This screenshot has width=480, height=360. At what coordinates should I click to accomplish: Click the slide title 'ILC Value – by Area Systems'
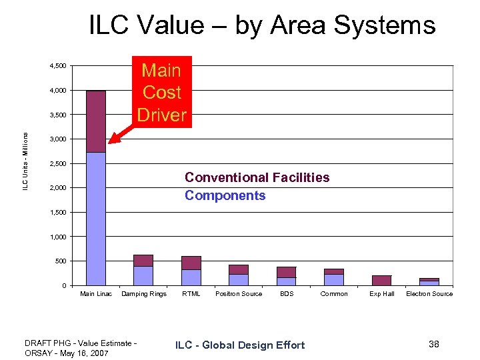pyautogui.click(x=262, y=25)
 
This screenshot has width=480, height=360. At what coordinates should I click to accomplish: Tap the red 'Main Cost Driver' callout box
pyautogui.click(x=161, y=92)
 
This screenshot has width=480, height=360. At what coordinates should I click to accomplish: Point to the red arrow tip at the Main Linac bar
pyautogui.click(x=111, y=141)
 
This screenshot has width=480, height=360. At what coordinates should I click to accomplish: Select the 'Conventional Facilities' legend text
pyautogui.click(x=257, y=177)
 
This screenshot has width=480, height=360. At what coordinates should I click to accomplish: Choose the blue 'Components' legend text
pyautogui.click(x=225, y=195)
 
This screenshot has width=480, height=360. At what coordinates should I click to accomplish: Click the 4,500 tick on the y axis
pyautogui.click(x=57, y=66)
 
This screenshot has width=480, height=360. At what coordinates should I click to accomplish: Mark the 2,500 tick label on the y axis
pyautogui.click(x=57, y=163)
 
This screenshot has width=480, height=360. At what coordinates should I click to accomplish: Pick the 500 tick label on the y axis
pyautogui.click(x=60, y=261)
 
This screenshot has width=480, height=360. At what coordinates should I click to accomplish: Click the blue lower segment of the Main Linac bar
pyautogui.click(x=96, y=220)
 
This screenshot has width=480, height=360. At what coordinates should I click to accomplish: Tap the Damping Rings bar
pyautogui.click(x=143, y=270)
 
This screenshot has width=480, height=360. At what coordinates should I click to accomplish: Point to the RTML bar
pyautogui.click(x=191, y=271)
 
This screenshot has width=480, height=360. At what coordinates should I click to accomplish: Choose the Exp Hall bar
pyautogui.click(x=381, y=280)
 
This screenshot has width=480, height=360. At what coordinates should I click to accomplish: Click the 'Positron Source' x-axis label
pyautogui.click(x=239, y=294)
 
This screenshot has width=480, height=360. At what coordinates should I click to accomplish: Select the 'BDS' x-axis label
pyautogui.click(x=287, y=294)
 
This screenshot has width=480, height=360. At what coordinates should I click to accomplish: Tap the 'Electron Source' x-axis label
pyautogui.click(x=429, y=294)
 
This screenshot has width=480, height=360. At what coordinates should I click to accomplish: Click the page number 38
pyautogui.click(x=434, y=343)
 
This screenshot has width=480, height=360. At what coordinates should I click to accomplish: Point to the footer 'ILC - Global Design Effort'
pyautogui.click(x=240, y=345)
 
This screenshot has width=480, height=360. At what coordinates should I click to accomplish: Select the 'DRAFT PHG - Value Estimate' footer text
pyautogui.click(x=80, y=343)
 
